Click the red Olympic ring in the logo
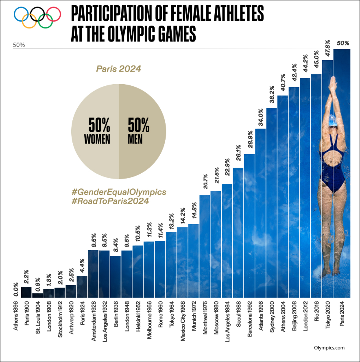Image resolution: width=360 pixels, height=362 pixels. point(54,14)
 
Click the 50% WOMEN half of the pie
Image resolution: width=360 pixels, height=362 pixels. point(96,131)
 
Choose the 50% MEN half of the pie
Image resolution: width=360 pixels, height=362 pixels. point(142,131)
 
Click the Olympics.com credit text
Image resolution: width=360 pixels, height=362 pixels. point(329,348)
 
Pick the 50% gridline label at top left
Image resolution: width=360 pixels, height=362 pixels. point(19,45)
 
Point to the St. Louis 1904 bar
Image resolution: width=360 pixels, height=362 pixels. point(37,295)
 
